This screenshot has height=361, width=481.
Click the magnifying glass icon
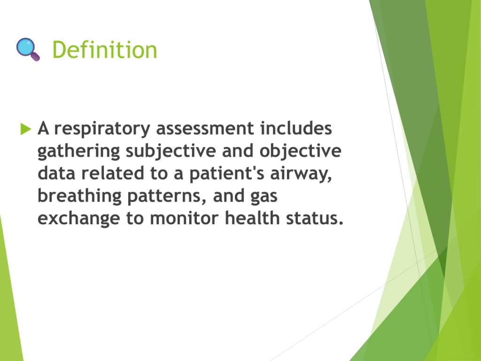coord(28,49)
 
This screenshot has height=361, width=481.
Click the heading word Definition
coord(105,50)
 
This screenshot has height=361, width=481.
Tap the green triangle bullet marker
coord(26,129)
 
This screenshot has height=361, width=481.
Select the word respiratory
coord(102,129)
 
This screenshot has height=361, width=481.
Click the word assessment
coord(205,128)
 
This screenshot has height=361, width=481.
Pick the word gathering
coord(78,151)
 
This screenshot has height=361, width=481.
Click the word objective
coord(300,151)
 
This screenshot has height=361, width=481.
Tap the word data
coord(56,173)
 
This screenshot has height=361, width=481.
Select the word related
coord(113,173)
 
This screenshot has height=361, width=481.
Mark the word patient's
coord(227,174)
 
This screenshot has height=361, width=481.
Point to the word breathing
coord(79,196)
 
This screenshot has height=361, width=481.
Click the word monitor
coord(184,218)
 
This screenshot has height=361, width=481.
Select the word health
coord(252,218)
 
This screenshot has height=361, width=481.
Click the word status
coord(314,218)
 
